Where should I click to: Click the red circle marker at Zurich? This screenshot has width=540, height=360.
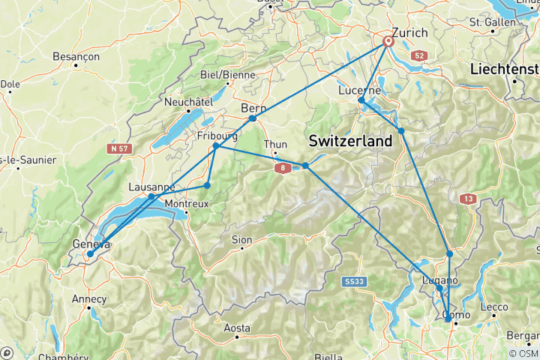tap(388, 42)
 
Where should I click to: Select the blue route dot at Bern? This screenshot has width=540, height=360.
tap(253, 118)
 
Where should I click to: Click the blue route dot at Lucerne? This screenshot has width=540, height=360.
tap(361, 100)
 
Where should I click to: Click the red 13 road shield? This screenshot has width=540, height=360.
tap(467, 198)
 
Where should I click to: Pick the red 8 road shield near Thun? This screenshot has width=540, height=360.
tap(282, 169)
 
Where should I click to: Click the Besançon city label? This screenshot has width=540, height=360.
tap(76, 56)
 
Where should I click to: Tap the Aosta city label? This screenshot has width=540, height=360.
tap(237, 328)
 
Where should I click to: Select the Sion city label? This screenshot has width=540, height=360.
tap(241, 240)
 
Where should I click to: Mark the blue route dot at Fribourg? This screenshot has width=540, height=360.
tap(216, 145)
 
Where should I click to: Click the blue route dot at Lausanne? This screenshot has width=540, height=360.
tap(151, 196)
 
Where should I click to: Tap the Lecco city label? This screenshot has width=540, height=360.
tap(494, 306)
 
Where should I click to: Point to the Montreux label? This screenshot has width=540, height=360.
tap(184, 204)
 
